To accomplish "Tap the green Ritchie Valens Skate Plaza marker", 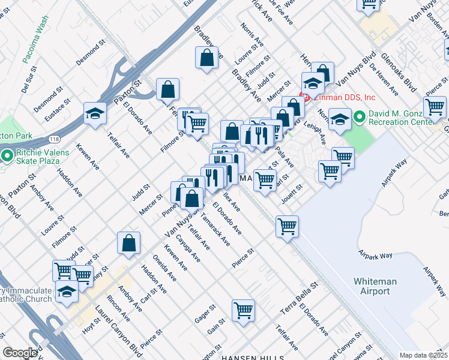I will coord(7,157).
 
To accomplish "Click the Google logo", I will coord(19,353).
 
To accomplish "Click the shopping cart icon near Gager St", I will coord(243,310).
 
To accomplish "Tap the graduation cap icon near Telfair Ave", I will coord(95,113).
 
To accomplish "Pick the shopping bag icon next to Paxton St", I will coord(168,89).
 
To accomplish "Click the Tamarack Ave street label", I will coord(215,230).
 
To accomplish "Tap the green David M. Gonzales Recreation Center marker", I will coord(360,116).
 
